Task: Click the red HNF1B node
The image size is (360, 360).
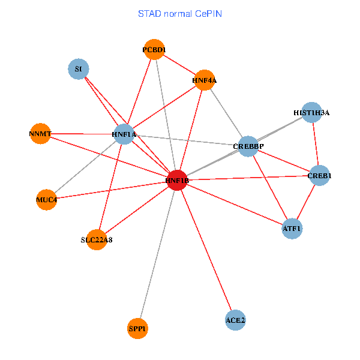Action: coord(176,180)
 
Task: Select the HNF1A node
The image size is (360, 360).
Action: coord(124,135)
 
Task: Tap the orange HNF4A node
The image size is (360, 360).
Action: coord(205,80)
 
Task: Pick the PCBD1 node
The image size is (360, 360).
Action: coord(154,50)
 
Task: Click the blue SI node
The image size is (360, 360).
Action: coord(78,69)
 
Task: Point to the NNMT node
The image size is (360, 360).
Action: coord(40,133)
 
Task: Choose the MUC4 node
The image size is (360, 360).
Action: coord(46,200)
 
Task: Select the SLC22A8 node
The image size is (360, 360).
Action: coord(97,240)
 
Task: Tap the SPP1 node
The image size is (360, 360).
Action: coord(137,329)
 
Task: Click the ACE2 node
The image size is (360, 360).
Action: coord(235,320)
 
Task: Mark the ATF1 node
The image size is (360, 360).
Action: coord(292,229)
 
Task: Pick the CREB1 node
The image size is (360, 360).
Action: coord(320,176)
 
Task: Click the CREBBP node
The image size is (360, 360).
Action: coord(248,146)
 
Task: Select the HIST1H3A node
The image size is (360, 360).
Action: coord(311,112)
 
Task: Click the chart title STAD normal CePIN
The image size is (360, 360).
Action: coord(180,13)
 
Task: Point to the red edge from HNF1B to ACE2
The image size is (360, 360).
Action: coord(206,250)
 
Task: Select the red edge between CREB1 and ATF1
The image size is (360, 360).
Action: coord(306,202)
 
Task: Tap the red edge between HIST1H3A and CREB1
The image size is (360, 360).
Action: coord(316,144)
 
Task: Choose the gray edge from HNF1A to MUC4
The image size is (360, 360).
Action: coord(85,167)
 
